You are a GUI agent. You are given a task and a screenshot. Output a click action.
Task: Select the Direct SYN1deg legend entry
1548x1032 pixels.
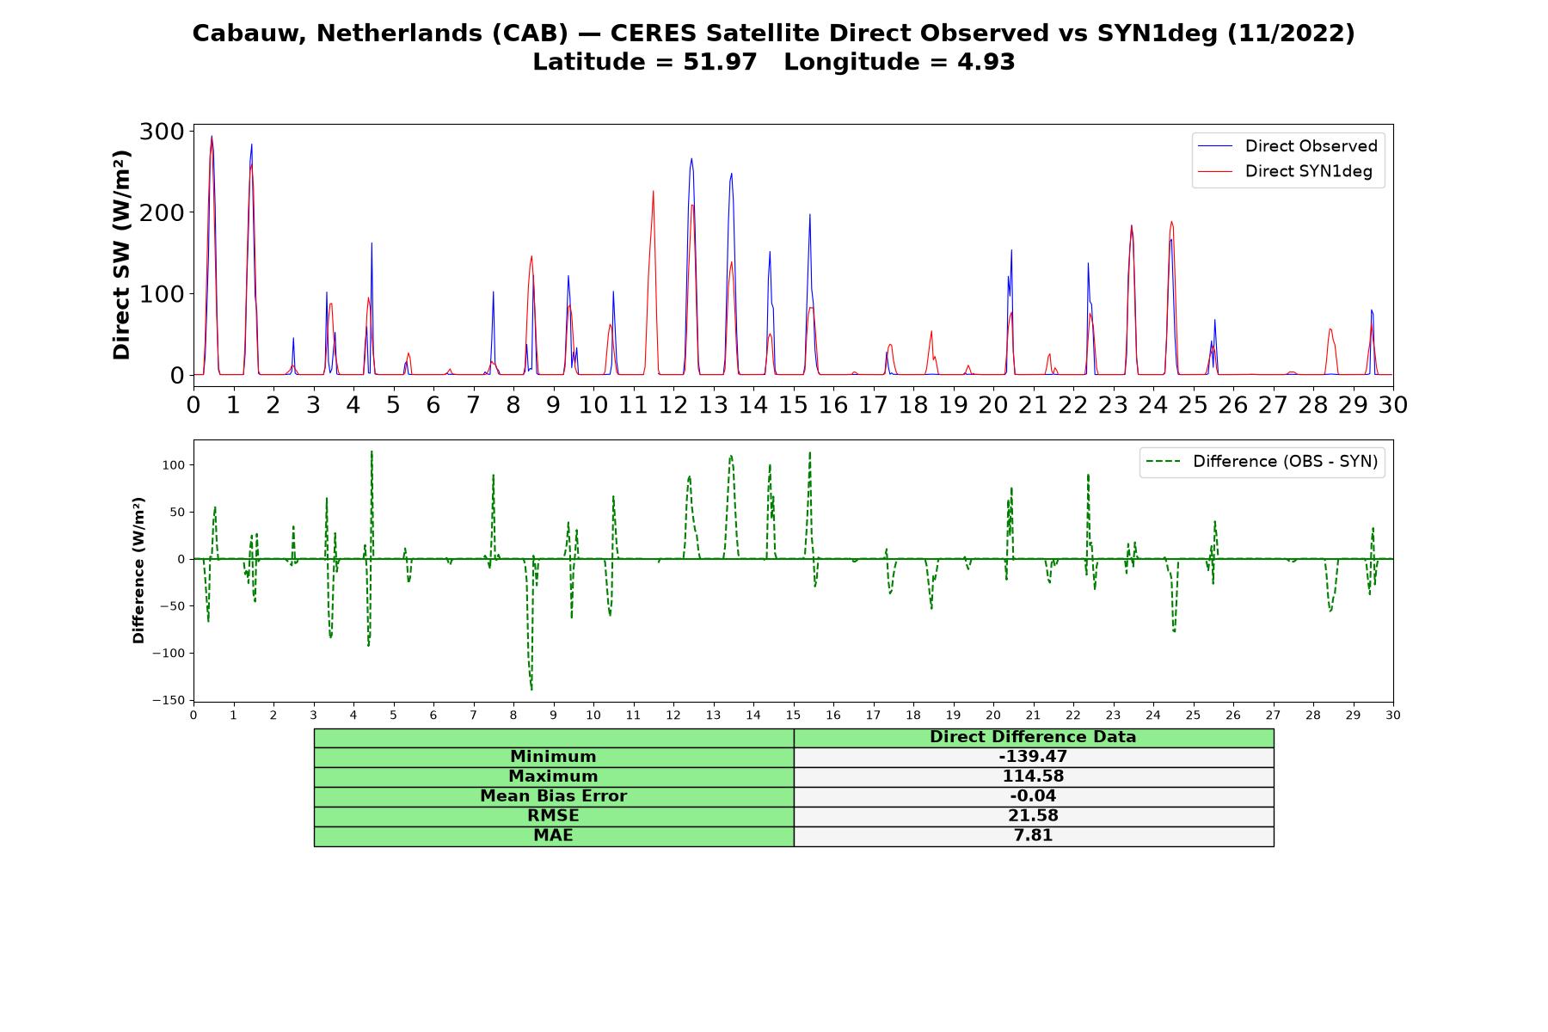[1285, 171]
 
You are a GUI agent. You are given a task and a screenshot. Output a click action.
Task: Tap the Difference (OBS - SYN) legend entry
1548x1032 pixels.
[1262, 462]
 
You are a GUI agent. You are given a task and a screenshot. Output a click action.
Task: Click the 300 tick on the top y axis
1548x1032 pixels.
[162, 131]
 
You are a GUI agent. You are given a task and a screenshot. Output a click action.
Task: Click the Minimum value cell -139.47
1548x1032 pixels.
[1033, 757]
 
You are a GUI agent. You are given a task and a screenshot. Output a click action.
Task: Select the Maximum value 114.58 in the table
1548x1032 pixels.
[1033, 777]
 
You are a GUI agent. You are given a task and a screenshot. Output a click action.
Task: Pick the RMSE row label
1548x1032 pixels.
[553, 816]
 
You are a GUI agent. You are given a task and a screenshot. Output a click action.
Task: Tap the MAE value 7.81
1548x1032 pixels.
[1033, 836]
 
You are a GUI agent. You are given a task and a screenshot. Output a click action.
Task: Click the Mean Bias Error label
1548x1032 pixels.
[553, 796]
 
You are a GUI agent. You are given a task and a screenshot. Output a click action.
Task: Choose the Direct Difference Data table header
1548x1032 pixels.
[1033, 737]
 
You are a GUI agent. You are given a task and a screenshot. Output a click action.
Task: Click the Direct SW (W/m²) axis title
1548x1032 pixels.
[121, 255]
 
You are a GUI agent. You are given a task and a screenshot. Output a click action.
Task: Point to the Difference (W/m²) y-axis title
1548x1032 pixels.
[138, 570]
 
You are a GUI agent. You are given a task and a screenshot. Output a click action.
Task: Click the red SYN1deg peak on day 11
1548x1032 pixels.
[653, 191]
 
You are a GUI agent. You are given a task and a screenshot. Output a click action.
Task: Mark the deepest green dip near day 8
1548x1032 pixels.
[531, 689]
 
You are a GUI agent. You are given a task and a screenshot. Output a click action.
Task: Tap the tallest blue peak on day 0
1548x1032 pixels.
[212, 136]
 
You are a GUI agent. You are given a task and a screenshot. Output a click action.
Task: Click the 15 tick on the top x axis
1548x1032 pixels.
[793, 404]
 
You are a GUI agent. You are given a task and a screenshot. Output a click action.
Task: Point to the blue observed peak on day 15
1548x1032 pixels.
[809, 215]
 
